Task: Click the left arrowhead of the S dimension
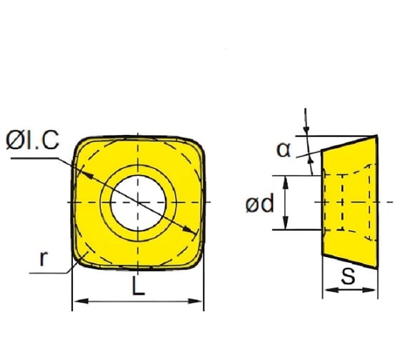coord(327,290)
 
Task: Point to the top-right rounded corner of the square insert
coord(199,143)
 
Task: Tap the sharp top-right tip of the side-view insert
coord(376,136)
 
